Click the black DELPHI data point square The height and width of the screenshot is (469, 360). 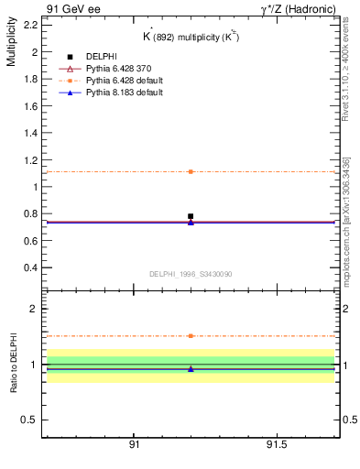[x=191, y=216]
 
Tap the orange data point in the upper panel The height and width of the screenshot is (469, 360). [x=191, y=171]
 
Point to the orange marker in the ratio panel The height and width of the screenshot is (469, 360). [x=191, y=336]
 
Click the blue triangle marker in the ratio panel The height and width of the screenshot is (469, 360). [x=191, y=368]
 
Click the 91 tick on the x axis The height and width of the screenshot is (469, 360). [x=134, y=444]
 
